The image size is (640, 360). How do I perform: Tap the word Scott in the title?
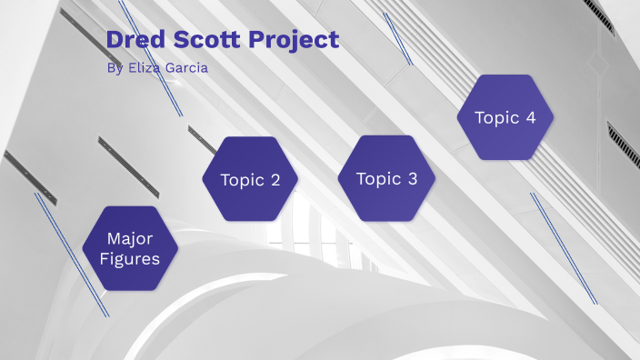(207, 40)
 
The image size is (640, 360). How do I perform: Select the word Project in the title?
(295, 40)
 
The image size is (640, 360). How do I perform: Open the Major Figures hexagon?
(130, 248)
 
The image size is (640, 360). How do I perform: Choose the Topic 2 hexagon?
(250, 179)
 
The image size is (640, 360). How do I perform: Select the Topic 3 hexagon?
(386, 178)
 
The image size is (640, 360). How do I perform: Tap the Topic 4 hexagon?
(505, 117)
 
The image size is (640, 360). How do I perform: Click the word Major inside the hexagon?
(130, 239)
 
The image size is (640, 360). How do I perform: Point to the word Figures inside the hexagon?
(130, 259)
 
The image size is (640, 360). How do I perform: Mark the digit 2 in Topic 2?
(275, 180)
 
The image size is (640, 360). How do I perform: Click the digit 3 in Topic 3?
(411, 179)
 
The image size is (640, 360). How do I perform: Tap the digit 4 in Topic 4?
(530, 118)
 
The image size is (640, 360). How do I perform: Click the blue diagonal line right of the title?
(397, 38)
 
